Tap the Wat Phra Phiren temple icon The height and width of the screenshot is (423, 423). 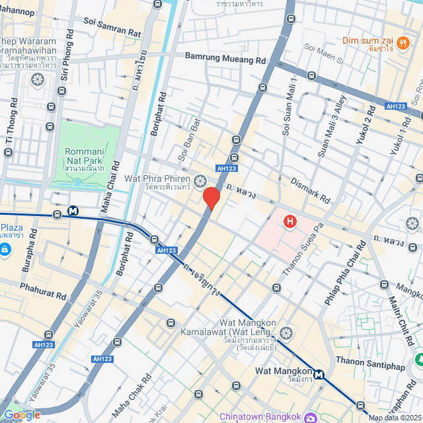point(200,180)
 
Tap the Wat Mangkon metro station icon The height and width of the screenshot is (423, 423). point(319,374)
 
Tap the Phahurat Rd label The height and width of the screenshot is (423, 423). point(43,291)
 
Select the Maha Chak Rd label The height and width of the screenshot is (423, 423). point(135,391)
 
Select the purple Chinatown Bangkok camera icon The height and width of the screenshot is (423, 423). point(310,417)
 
